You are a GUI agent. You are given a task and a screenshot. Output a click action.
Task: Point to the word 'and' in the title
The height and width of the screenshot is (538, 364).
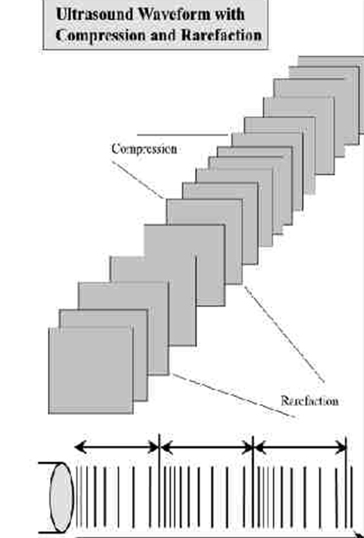point(163,35)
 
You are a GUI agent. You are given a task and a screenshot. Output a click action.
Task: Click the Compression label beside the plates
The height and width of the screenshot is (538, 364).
point(144,149)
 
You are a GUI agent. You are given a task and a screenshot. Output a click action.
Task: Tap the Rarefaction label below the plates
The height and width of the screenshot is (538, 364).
point(310,401)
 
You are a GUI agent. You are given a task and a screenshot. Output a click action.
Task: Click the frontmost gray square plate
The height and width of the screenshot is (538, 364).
point(91,370)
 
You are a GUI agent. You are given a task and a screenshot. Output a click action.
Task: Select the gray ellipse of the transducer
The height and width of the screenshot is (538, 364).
point(62,498)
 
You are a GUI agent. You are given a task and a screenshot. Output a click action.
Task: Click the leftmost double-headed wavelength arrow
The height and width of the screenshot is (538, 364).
point(117,447)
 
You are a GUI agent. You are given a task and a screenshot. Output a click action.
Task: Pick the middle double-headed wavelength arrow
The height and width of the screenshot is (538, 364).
point(206,448)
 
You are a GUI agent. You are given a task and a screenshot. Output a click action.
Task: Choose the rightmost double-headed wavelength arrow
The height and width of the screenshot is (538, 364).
point(300,448)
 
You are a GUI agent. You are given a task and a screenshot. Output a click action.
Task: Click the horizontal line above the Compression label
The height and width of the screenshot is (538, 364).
point(183,135)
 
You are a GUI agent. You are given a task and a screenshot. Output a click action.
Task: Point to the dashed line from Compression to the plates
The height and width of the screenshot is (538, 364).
point(138,180)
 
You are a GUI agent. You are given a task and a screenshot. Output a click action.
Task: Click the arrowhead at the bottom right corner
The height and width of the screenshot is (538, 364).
point(359,535)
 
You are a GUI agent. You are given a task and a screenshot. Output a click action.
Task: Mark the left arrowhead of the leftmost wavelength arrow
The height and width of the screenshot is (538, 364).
point(78,447)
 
